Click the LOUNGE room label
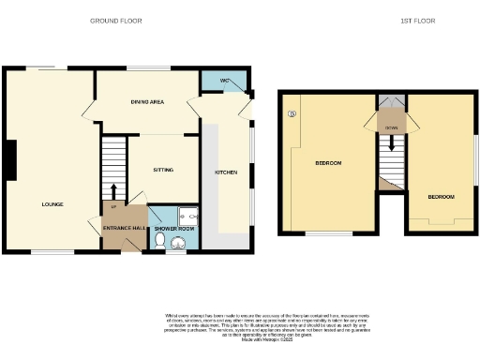point(52,203)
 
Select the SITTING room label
point(164,170)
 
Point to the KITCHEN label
point(226,172)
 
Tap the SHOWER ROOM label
point(173,229)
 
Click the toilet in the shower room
point(160,242)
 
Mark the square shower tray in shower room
point(184,213)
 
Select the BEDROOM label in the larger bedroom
point(327,163)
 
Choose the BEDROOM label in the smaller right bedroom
point(441,196)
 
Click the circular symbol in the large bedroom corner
point(292,114)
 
